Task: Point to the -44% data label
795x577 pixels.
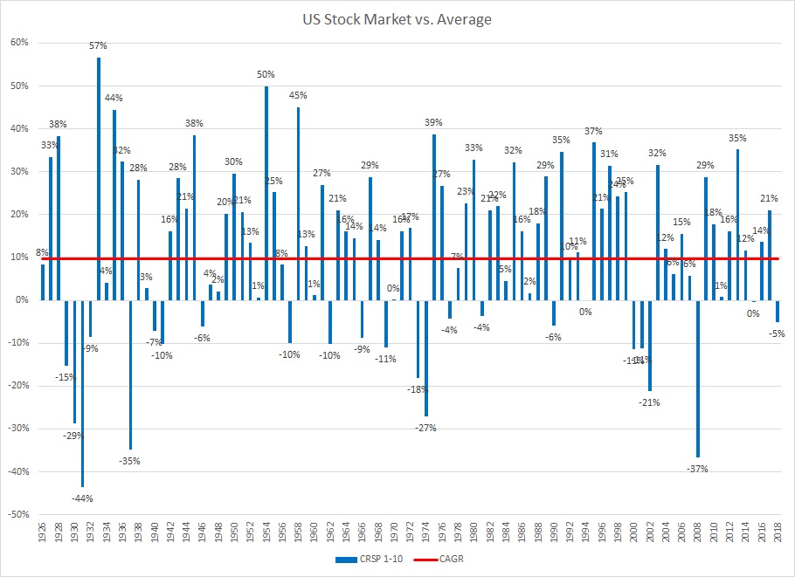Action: click(82, 498)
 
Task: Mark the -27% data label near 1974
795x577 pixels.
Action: click(425, 428)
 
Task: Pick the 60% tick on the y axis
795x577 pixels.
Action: click(19, 43)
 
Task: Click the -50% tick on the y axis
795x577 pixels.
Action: click(17, 514)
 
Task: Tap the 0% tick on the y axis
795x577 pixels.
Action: click(21, 300)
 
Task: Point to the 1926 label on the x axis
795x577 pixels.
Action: click(43, 532)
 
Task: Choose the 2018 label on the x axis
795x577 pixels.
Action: click(777, 532)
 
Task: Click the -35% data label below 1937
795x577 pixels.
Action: click(130, 460)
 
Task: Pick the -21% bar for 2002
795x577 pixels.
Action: click(649, 345)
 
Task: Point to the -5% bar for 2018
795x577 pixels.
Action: click(777, 311)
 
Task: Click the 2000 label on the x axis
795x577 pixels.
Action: click(633, 532)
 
